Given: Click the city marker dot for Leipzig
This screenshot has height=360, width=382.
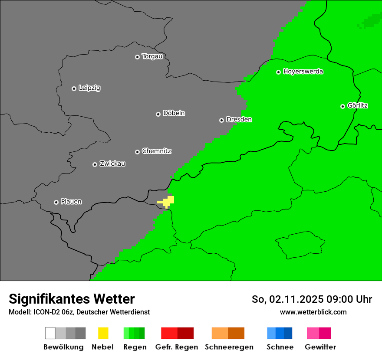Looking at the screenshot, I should pyautogui.click(x=74, y=88).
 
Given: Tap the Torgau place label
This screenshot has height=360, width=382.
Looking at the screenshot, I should pyautogui.click(x=152, y=56).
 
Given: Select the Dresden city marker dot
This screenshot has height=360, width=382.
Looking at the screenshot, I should pyautogui.click(x=221, y=120).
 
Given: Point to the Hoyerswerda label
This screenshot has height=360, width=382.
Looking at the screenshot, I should pyautogui.click(x=303, y=72).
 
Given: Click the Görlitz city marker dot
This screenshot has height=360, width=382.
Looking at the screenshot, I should pyautogui.click(x=342, y=106).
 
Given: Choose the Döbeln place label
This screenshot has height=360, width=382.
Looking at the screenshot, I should pyautogui.click(x=174, y=113).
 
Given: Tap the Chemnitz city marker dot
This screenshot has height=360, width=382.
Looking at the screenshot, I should pyautogui.click(x=137, y=152).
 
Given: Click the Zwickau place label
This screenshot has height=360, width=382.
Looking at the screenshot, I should pyautogui.click(x=112, y=164).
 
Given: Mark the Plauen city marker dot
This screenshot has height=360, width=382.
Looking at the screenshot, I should pyautogui.click(x=56, y=202).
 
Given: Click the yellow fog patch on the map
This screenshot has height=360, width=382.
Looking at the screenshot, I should pyautogui.click(x=167, y=202).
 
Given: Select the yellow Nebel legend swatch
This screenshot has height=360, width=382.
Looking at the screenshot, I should pyautogui.click(x=103, y=333).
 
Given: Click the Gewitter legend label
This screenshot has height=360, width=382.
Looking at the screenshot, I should pyautogui.click(x=320, y=347).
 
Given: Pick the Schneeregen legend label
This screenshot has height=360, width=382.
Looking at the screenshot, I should pyautogui.click(x=229, y=347).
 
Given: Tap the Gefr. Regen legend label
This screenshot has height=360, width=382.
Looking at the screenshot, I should pyautogui.click(x=176, y=347).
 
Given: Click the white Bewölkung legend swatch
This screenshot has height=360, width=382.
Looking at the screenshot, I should pyautogui.click(x=50, y=333).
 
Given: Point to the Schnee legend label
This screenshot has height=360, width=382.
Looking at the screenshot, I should pyautogui.click(x=280, y=347).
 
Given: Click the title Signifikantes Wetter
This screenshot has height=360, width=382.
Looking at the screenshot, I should pyautogui.click(x=72, y=299).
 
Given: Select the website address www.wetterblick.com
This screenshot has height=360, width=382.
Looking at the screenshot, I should pyautogui.click(x=313, y=312).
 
